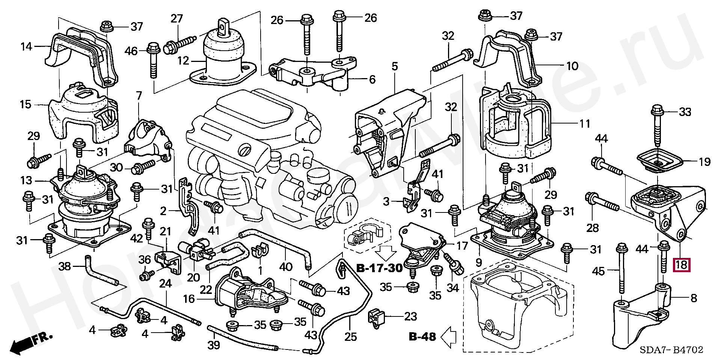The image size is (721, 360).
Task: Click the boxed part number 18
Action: (x=681, y=265)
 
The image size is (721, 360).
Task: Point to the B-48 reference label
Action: (x=422, y=336)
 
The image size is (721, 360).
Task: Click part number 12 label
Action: (x=183, y=60)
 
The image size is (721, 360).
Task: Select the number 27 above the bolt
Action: (x=176, y=18)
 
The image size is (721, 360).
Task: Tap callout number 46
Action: (x=131, y=50)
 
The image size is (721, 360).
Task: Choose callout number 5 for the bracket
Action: (x=394, y=67)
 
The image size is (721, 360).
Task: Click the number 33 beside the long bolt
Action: (x=685, y=112)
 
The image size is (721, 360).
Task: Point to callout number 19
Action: (x=705, y=162)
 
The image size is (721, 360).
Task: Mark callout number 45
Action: (x=599, y=271)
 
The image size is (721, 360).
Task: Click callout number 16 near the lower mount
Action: (x=189, y=299)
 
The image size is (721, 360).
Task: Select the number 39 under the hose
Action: (x=214, y=345)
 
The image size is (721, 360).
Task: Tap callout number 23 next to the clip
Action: (x=410, y=316)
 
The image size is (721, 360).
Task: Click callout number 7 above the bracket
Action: (x=139, y=96)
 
